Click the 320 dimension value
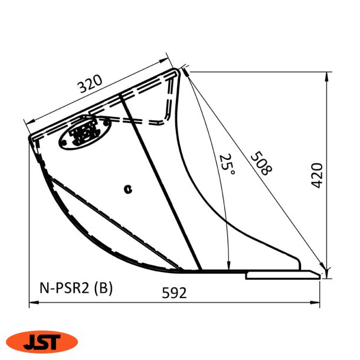pyautogui.click(x=90, y=86)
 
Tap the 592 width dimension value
pyautogui.click(x=174, y=293)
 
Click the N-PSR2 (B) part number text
pyautogui.click(x=75, y=288)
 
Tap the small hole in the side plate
pyautogui.click(x=127, y=189)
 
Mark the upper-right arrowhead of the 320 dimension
pyautogui.click(x=167, y=61)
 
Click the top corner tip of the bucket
pyautogui.click(x=179, y=70)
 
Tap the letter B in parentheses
pyautogui.click(x=104, y=288)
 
